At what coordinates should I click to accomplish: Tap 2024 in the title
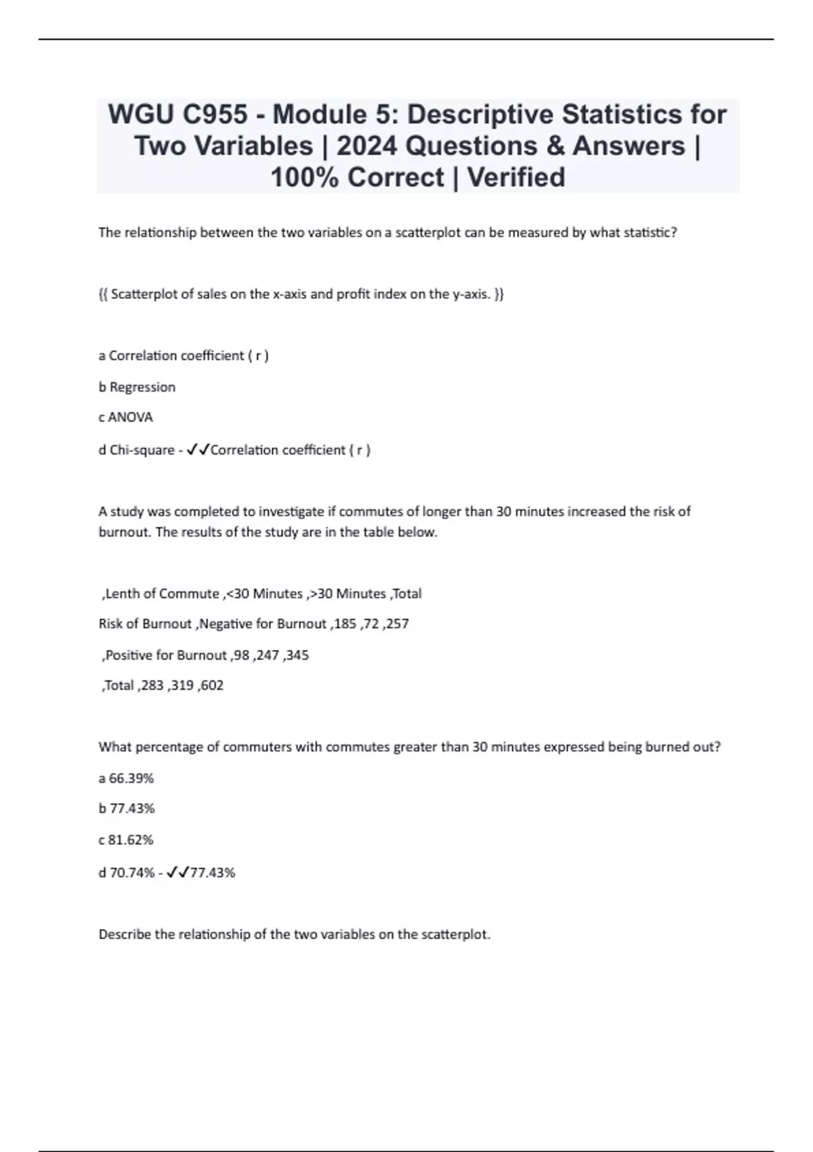(x=366, y=146)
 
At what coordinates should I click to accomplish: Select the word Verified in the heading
(x=516, y=178)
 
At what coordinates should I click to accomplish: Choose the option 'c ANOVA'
(x=126, y=417)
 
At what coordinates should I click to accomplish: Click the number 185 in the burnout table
(x=345, y=624)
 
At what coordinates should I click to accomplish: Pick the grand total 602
(x=211, y=685)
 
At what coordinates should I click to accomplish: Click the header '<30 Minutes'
(x=265, y=594)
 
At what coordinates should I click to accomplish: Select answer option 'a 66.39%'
(x=126, y=778)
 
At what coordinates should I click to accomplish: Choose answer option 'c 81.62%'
(x=126, y=840)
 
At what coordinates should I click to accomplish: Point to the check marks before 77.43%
(x=178, y=872)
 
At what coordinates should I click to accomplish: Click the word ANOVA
(x=131, y=417)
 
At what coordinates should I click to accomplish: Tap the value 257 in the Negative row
(x=397, y=624)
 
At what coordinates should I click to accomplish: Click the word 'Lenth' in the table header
(x=122, y=594)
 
